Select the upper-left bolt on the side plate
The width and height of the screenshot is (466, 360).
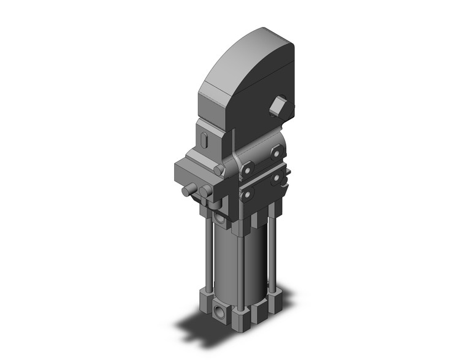tap(248, 167)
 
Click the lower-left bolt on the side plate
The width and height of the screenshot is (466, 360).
tap(247, 194)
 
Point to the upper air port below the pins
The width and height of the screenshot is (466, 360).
tap(220, 218)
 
